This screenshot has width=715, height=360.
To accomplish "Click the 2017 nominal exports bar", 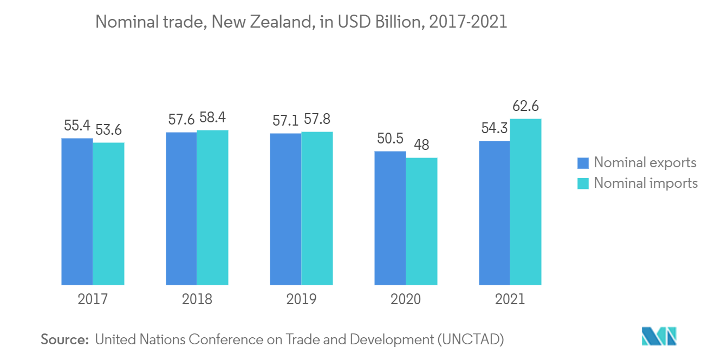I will [77, 211].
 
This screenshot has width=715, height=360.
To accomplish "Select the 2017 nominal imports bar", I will [108, 213].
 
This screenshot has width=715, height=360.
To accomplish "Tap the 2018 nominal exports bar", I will [181, 208].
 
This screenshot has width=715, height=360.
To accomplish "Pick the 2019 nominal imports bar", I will [317, 208].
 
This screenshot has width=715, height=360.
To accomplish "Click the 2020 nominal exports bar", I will [390, 218].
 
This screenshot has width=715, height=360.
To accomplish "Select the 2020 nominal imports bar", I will [421, 221].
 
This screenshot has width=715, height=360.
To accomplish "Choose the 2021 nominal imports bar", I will [525, 201].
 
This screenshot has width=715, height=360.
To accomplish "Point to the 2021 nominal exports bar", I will [494, 213].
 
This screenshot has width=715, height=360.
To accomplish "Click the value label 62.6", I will [525, 106].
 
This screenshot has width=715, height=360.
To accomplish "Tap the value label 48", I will [421, 145].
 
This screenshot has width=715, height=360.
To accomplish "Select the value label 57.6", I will [181, 120].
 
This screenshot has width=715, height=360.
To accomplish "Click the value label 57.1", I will [286, 121].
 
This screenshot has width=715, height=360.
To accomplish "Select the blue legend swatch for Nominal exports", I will [583, 163].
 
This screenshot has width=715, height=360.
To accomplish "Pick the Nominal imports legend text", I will [646, 183].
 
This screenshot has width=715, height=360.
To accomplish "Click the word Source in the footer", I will [64, 339].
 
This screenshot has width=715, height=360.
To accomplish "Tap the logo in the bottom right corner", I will [659, 336].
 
